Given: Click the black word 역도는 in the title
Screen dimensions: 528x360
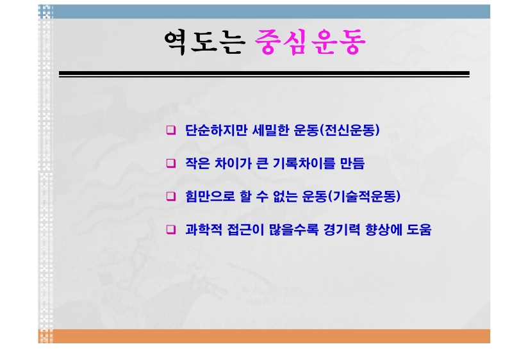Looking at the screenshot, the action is [x=204, y=42].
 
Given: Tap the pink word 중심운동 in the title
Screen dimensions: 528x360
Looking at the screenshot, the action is [x=310, y=42].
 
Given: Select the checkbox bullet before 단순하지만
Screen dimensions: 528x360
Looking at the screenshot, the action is [x=171, y=130].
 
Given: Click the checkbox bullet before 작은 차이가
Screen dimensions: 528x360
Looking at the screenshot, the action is [x=171, y=163].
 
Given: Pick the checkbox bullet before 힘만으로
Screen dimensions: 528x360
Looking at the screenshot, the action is [x=171, y=196].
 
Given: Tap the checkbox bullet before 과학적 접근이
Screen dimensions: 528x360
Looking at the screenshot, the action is [x=171, y=230].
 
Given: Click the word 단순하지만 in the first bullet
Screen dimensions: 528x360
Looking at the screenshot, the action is [x=216, y=130].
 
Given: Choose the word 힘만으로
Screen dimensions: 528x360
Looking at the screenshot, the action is [x=210, y=196].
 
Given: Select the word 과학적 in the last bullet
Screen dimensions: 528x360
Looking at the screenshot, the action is [x=204, y=230].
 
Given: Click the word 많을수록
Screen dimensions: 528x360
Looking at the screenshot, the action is [x=293, y=230].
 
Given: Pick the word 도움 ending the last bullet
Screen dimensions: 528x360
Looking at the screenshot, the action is [x=419, y=230].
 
